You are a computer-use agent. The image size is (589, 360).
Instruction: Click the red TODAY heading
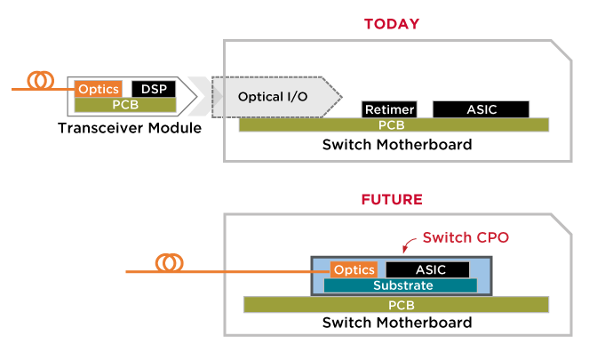tap(391, 24)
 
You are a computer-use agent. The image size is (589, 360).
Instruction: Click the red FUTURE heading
tap(391, 199)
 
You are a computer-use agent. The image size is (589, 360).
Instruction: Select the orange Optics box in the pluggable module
tap(98, 89)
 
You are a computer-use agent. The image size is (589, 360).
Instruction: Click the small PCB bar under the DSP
tap(125, 105)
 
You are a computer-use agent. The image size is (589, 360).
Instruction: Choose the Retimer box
tap(389, 109)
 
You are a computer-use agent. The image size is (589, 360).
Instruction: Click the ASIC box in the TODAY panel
tap(481, 109)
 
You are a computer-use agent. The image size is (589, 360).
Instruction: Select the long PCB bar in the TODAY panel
tap(394, 125)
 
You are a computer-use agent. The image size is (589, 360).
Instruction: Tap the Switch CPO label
tap(466, 238)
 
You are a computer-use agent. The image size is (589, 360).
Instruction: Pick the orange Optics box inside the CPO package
tap(354, 269)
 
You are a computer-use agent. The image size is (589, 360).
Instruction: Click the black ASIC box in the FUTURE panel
tap(427, 269)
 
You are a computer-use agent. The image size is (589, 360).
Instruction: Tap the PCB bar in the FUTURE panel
tap(396, 305)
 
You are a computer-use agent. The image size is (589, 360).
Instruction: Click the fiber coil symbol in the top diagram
tap(39, 81)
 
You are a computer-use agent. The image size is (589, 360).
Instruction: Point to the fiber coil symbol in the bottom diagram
tap(169, 263)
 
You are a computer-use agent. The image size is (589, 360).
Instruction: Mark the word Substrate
tap(403, 285)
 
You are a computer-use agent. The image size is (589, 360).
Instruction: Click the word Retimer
tap(389, 109)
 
